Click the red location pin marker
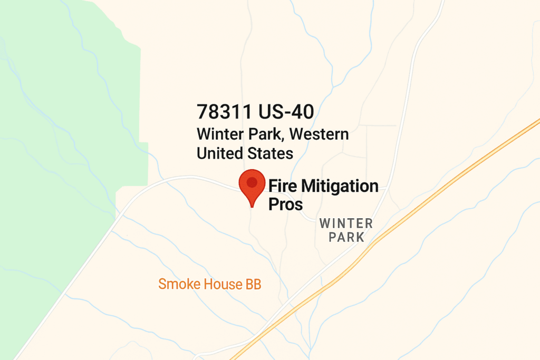click(x=252, y=185)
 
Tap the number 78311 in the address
click(x=225, y=112)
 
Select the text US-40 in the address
click(x=286, y=112)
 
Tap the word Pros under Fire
click(x=286, y=204)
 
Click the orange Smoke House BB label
click(x=210, y=285)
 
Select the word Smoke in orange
click(x=179, y=285)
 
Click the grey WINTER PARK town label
click(x=346, y=230)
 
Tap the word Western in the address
click(x=319, y=134)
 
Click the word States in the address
click(x=271, y=153)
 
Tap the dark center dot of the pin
click(x=252, y=182)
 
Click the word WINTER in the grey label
click(x=346, y=223)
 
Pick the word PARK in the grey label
click(x=346, y=237)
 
